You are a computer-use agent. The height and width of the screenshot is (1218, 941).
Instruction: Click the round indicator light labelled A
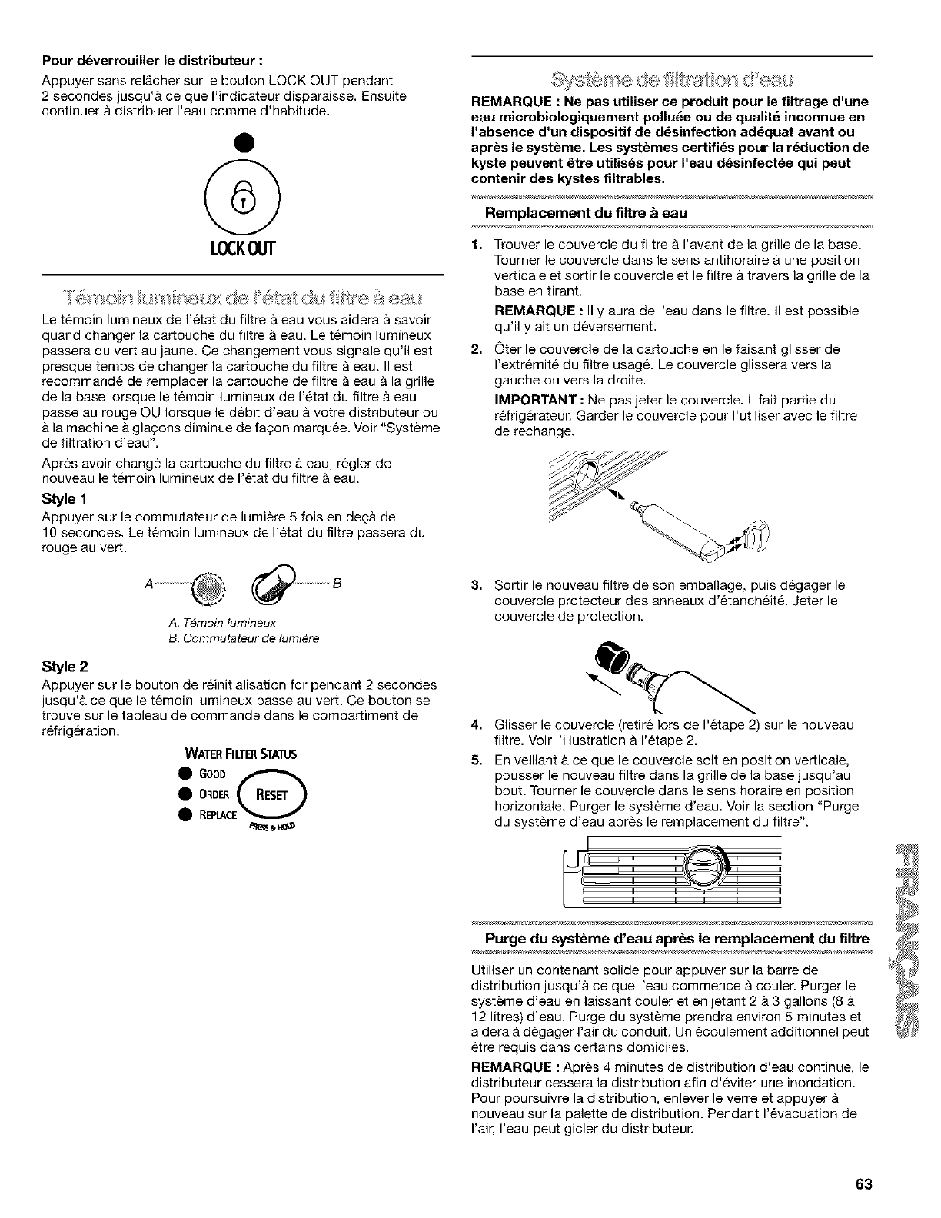208,582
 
